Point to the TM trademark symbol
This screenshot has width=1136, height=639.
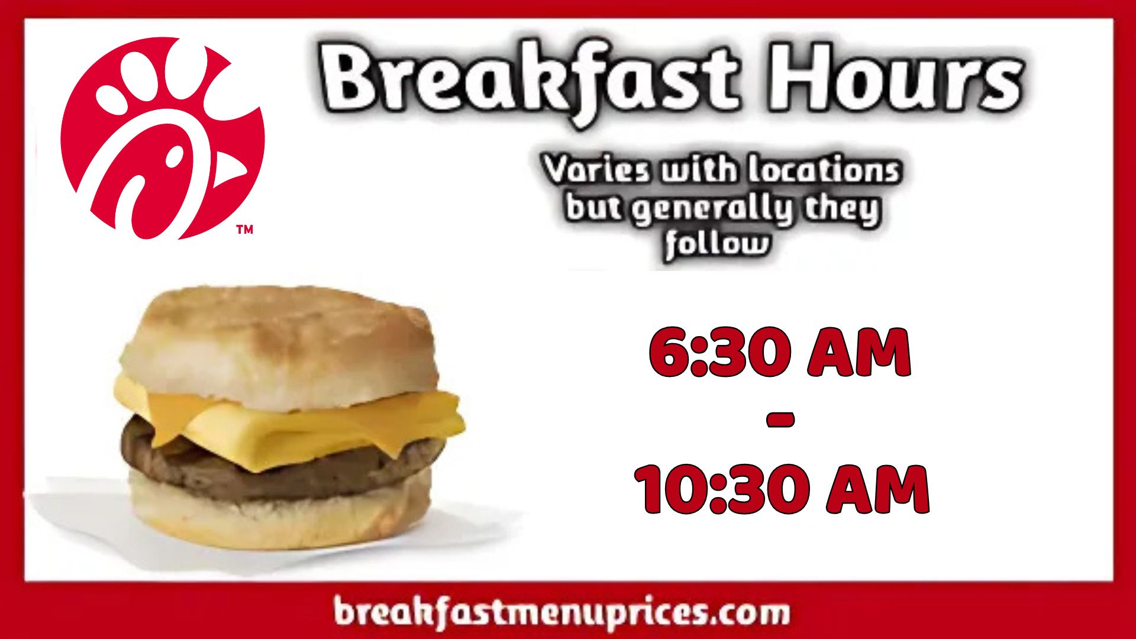click(x=244, y=230)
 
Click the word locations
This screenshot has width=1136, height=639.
click(x=823, y=170)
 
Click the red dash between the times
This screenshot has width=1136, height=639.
click(x=780, y=421)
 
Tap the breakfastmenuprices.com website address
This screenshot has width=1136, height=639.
click(x=561, y=611)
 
